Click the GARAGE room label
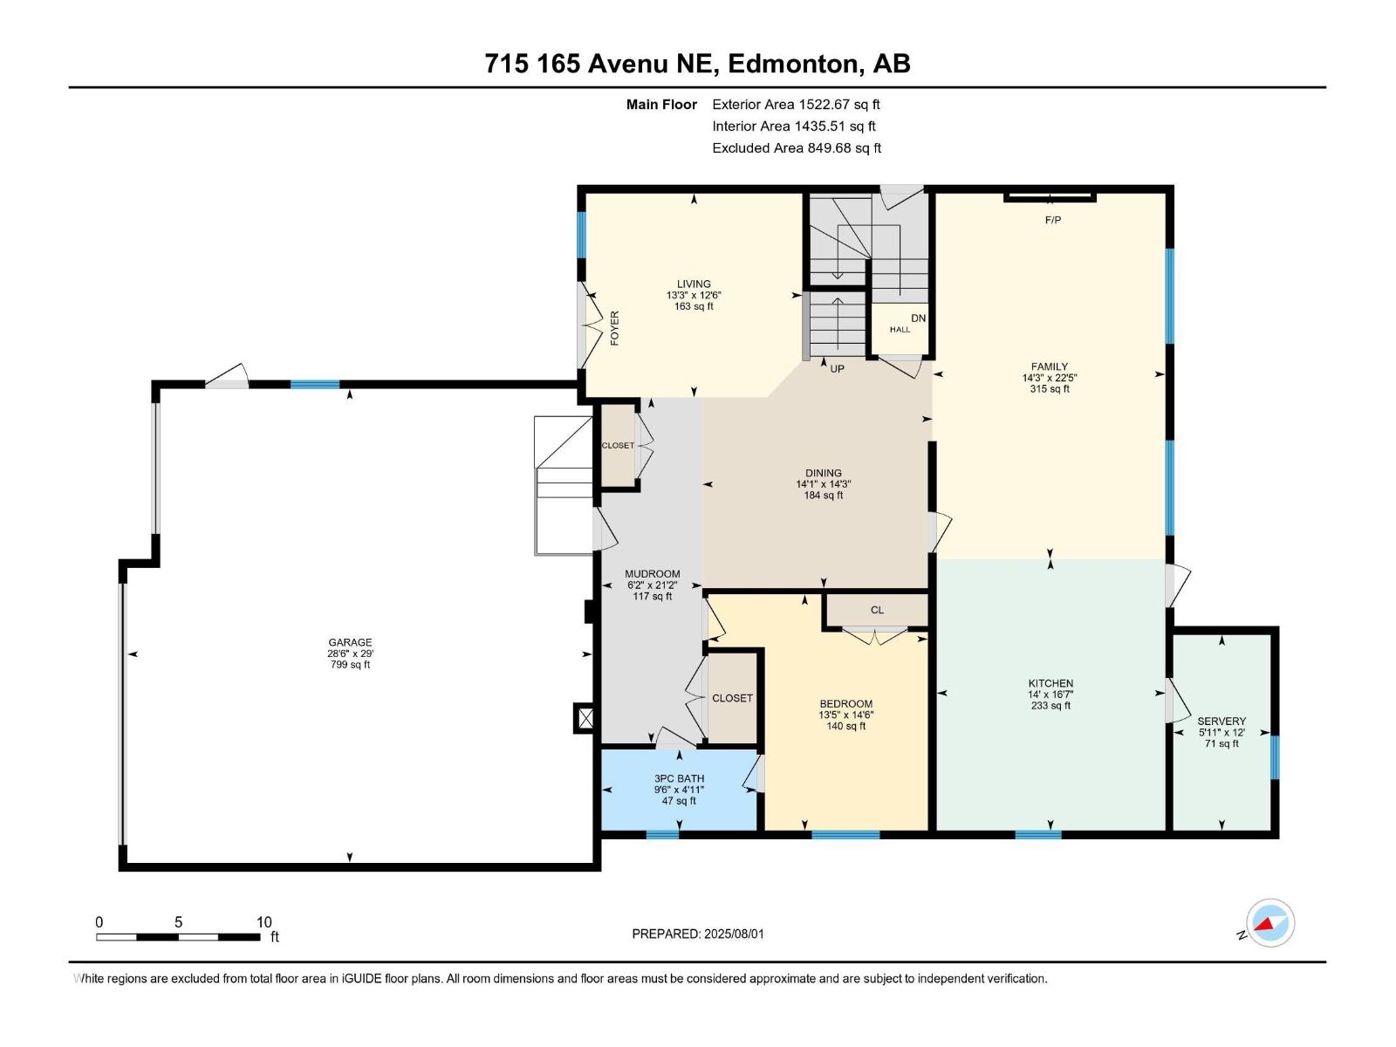pos(350,642)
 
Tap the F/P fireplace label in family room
pos(1052,220)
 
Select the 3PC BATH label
pos(679,778)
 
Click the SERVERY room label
pos(1221,721)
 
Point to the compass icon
pos(1270,923)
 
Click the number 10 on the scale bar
pos(263,921)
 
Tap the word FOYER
pos(614,328)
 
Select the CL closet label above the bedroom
pos(877,610)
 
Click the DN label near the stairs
pos(918,318)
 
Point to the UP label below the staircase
pos(837,368)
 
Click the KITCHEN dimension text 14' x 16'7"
pos(1050,695)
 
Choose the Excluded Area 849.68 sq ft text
pos(796,148)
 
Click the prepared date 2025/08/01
pos(732,934)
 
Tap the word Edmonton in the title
pos(791,64)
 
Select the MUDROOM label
pos(652,574)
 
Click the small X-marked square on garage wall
pos(585,717)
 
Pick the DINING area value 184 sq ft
pos(823,496)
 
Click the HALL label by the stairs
pos(900,329)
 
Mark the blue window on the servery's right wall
pos(1275,756)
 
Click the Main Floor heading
pos(661,105)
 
